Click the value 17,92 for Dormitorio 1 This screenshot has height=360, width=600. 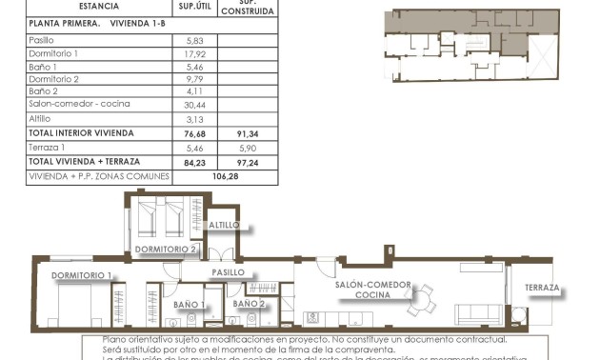(x=195, y=53)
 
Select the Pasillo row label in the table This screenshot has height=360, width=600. (x=42, y=40)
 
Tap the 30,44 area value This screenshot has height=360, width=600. (x=195, y=105)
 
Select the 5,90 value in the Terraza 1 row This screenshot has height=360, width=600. (x=247, y=148)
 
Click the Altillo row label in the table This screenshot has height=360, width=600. (x=41, y=119)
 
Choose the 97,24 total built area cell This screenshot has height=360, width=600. (x=247, y=162)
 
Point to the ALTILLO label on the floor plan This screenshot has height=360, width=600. (x=225, y=225)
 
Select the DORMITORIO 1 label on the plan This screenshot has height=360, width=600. (x=82, y=275)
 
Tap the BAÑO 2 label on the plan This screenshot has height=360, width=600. (x=249, y=304)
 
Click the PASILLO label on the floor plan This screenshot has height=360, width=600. (x=229, y=272)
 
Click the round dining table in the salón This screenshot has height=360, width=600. (x=419, y=301)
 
